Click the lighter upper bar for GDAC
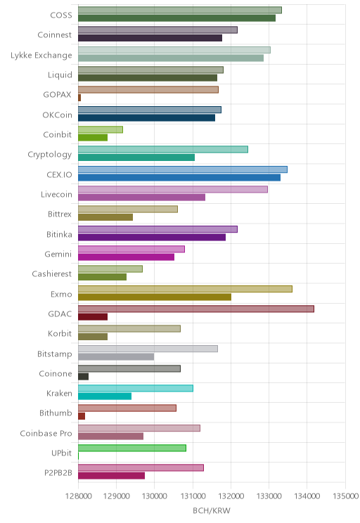point(196,309)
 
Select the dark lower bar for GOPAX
point(79,98)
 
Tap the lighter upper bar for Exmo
point(185,289)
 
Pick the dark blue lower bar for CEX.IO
point(179,178)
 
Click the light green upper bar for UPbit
point(132,448)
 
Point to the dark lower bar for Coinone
point(84,377)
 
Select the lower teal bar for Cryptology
point(136,157)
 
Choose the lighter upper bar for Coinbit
point(101,130)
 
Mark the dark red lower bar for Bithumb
point(82,416)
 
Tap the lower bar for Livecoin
point(142,198)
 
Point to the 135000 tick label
point(345,496)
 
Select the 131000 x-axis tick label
point(193,496)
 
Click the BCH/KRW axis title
point(212,510)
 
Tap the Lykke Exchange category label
point(41,55)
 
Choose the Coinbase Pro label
point(46,433)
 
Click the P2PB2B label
point(58,473)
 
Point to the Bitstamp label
point(55,354)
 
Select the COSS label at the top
point(61,15)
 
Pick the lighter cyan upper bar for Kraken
point(136,388)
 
